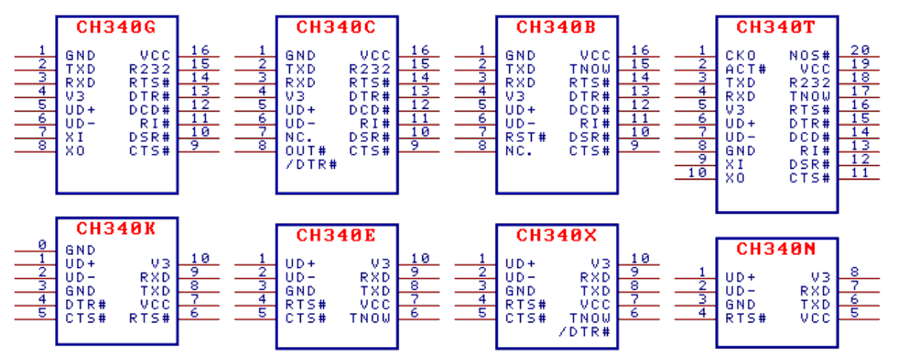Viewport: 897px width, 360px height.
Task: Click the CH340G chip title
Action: pyautogui.click(x=116, y=28)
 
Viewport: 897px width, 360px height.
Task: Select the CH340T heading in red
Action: pyautogui.click(x=776, y=28)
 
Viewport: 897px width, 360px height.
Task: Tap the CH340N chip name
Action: pyautogui.click(x=776, y=249)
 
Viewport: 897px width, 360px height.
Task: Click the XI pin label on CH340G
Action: pyautogui.click(x=75, y=138)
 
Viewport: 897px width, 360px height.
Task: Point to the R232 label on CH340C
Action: pyautogui.click(x=370, y=70)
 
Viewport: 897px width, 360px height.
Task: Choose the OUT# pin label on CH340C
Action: pyautogui.click(x=306, y=151)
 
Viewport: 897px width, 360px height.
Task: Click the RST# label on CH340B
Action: pyautogui.click(x=526, y=138)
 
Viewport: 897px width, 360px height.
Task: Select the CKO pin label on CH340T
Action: pyautogui.click(x=740, y=56)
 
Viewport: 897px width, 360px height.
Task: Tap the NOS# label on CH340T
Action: pyautogui.click(x=810, y=56)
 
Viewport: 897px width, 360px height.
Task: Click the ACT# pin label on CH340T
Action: pyautogui.click(x=746, y=70)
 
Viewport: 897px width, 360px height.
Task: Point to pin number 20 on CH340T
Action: pyautogui.click(x=860, y=50)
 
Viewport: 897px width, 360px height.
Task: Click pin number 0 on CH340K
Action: pyautogui.click(x=43, y=244)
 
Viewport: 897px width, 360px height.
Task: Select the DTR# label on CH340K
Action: pyautogui.click(x=85, y=305)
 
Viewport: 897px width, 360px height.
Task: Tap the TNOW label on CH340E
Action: pyautogui.click(x=370, y=319)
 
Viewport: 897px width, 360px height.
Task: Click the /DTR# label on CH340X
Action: pyautogui.click(x=584, y=332)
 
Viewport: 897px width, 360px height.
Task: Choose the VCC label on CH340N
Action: pyautogui.click(x=815, y=319)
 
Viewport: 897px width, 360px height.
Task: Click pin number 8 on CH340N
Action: pyautogui.click(x=854, y=272)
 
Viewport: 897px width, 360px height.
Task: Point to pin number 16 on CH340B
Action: pyautogui.click(x=640, y=50)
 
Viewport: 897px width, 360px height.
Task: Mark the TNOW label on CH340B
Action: pyautogui.click(x=590, y=70)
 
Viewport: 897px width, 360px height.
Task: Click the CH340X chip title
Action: pyautogui.click(x=556, y=235)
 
